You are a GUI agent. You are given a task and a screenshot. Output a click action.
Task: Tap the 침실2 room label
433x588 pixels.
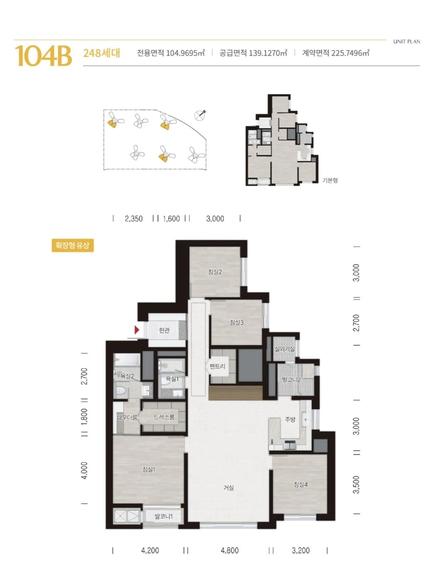(x=215, y=272)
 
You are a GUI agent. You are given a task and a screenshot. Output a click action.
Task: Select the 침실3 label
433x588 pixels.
(x=237, y=322)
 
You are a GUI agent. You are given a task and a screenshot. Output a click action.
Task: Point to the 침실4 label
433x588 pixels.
(x=300, y=484)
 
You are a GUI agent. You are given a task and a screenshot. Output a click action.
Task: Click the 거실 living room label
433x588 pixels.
(x=229, y=488)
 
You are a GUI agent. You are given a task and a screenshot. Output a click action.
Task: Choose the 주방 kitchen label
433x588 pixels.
(x=290, y=419)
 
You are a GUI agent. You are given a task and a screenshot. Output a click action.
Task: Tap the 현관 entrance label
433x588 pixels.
(x=164, y=330)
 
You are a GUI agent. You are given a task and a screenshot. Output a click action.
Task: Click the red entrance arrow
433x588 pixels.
(x=137, y=330)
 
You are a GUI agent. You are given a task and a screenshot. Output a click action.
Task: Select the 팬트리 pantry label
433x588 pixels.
(x=218, y=366)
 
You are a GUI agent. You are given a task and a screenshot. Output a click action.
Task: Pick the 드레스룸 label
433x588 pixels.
(x=164, y=417)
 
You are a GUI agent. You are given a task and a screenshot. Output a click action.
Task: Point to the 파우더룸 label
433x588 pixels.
(x=127, y=417)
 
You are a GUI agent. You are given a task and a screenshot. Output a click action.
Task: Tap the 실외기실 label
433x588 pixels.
(x=284, y=349)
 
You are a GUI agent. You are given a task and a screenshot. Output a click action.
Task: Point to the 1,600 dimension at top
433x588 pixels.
(x=172, y=219)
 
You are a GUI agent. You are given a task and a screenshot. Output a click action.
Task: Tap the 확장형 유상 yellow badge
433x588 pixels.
(x=73, y=246)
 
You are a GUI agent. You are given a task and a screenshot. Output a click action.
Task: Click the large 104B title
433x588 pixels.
(x=43, y=56)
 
